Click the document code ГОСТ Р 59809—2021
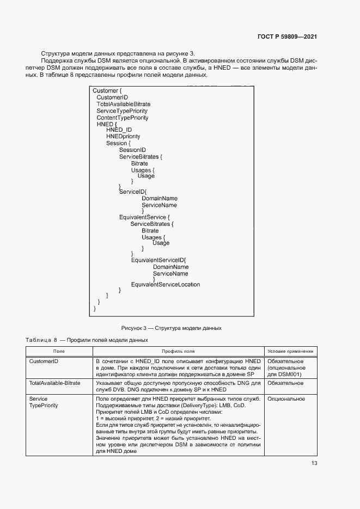[287, 37]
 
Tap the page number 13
[314, 463]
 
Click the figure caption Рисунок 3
[171, 328]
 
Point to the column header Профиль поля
[178, 352]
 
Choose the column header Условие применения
[290, 352]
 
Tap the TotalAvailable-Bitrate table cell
[54, 383]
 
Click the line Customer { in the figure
[110, 90]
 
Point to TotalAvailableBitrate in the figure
[123, 104]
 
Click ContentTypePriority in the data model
[122, 118]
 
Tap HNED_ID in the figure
[119, 130]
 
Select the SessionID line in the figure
[132, 150]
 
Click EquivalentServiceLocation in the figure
[166, 285]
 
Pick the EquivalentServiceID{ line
[158, 260]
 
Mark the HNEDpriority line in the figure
[123, 137]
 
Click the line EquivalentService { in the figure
[141, 217]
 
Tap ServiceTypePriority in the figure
[122, 111]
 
